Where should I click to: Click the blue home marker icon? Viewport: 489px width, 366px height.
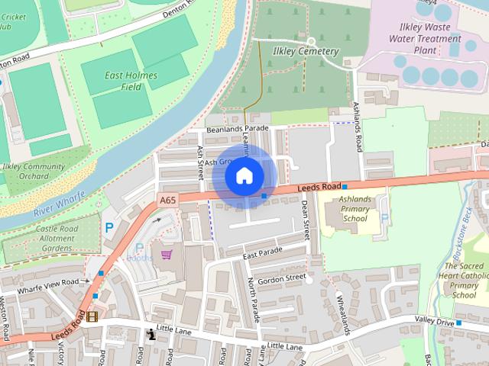pos(244,175)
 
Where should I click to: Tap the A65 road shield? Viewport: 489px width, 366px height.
pos(168,201)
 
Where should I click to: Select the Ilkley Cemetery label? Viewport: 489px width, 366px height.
pos(305,51)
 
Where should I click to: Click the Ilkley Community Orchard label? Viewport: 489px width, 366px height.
pos(34,172)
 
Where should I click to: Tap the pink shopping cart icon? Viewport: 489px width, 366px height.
pos(167,254)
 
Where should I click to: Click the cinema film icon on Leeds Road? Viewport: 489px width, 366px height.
pos(92,316)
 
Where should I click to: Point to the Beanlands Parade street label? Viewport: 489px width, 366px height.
pos(238,129)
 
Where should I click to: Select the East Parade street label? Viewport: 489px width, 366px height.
pos(263,252)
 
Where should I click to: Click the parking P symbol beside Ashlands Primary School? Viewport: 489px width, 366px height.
pos(384,217)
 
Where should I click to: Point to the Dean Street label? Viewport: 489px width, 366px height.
pos(305,217)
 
